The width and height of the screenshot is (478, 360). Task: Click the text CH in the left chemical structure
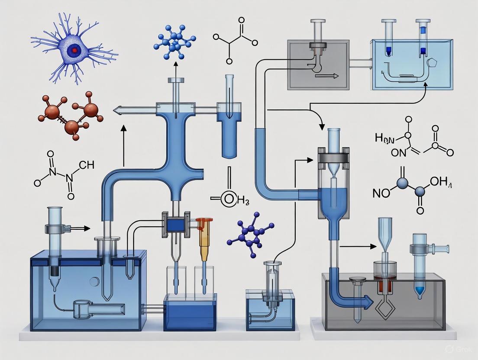87,165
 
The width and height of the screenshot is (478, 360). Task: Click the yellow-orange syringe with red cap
204,240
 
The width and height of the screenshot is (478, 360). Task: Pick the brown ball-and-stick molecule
72,115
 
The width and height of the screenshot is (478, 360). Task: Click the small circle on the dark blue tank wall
92,282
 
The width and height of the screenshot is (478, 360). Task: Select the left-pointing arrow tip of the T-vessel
117,111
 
